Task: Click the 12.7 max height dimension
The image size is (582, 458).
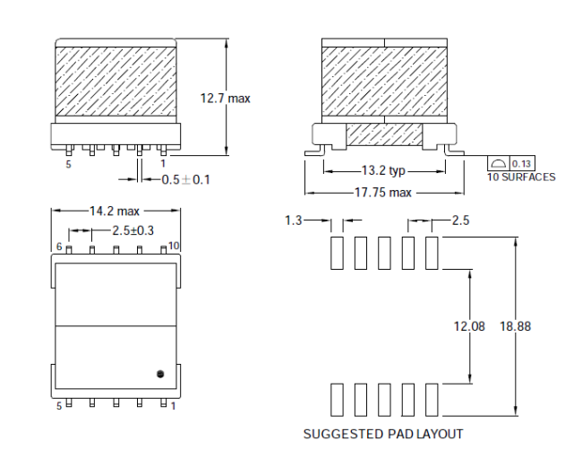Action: [226, 99]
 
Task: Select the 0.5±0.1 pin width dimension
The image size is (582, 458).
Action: [185, 180]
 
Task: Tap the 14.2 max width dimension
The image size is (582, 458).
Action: [115, 211]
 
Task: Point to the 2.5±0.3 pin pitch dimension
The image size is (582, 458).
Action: [133, 230]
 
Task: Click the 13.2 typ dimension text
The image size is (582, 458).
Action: [383, 170]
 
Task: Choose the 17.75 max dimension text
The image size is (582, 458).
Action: [383, 193]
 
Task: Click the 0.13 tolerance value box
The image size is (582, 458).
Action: [522, 163]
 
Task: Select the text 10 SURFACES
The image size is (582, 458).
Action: [521, 177]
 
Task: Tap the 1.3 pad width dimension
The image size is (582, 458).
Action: [293, 220]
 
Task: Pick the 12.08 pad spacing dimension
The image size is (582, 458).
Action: [469, 326]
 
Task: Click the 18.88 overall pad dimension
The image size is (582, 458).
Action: [515, 326]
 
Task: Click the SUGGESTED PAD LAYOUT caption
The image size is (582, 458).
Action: [383, 434]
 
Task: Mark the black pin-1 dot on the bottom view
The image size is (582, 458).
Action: [160, 374]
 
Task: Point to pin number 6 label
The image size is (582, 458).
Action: [59, 246]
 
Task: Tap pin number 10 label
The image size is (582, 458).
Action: [174, 246]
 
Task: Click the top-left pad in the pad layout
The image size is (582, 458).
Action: [337, 253]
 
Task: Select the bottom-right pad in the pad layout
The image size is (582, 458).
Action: [432, 400]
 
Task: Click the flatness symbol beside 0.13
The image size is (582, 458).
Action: [499, 163]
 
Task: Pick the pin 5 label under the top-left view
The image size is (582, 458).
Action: [68, 164]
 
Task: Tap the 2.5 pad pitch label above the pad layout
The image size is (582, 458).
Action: [460, 220]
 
